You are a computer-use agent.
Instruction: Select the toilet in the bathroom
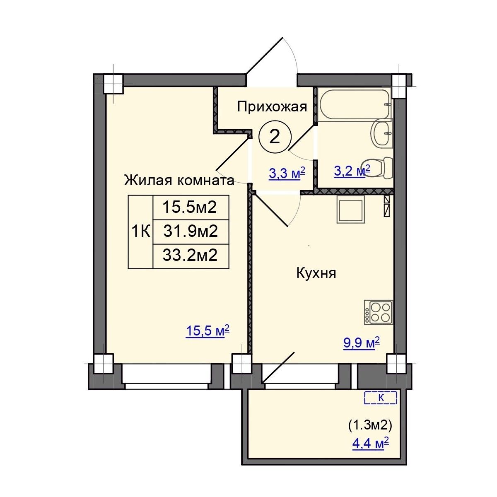tap(377, 168)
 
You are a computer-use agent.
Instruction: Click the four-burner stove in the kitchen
tap(379, 312)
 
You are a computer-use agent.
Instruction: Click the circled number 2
tap(275, 137)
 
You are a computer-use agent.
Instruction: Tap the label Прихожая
tap(272, 107)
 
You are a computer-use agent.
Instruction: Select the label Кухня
tap(316, 273)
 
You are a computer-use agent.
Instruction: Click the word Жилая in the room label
tap(148, 180)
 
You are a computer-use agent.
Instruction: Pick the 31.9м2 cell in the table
tap(191, 232)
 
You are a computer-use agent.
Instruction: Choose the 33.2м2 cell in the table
tap(191, 256)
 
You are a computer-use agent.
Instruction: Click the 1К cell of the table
tap(141, 232)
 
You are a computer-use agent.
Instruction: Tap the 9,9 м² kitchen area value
tap(362, 343)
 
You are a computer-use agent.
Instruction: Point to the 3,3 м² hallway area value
tap(287, 173)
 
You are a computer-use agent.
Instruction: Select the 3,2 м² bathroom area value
tap(352, 171)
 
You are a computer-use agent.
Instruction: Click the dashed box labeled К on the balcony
tap(381, 398)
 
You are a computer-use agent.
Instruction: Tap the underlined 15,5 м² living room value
tap(207, 331)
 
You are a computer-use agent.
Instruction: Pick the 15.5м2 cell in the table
tap(191, 207)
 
